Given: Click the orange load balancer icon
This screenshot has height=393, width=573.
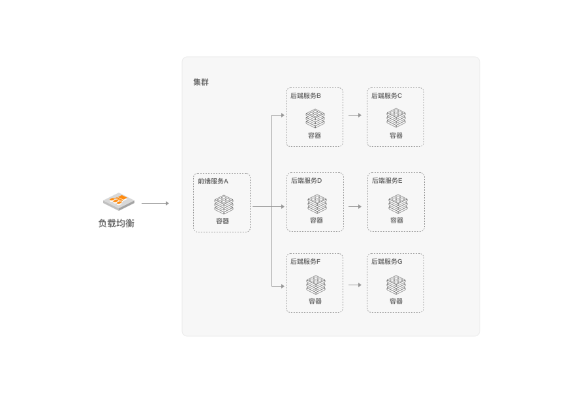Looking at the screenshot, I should point(119,201).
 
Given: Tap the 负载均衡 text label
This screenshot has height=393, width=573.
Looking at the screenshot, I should point(116,223).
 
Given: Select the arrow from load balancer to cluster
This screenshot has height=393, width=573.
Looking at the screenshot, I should point(155,203).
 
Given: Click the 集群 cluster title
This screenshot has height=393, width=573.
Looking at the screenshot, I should point(201,82).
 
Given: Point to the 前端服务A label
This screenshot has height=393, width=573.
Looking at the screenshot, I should point(213,181).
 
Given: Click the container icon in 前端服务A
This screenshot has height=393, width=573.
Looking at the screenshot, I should point(223,204).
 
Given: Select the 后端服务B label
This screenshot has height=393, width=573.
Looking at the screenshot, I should point(305,95).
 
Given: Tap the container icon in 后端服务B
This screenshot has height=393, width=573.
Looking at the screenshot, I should point(315,118).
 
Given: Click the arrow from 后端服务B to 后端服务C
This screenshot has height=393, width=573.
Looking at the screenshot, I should point(354,115).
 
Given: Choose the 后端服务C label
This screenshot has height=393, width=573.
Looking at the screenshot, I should point(386,95).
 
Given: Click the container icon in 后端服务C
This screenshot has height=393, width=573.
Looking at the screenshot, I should point(396,118).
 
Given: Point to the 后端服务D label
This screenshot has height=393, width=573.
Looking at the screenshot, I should point(306,180).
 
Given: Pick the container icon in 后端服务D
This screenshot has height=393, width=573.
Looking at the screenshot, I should point(317,204).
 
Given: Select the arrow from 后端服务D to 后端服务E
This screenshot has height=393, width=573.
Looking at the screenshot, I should point(354,206).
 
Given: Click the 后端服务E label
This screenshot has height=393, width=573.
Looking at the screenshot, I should point(387,180).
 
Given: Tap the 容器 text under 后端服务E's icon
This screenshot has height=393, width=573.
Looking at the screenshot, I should point(397,221).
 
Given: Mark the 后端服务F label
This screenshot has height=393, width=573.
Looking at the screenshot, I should point(305,261).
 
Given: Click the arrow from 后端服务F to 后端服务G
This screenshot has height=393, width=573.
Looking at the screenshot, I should point(354,285).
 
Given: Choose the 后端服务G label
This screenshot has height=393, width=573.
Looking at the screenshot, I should point(387,261).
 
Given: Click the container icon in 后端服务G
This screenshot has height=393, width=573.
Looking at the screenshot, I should point(396,285).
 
